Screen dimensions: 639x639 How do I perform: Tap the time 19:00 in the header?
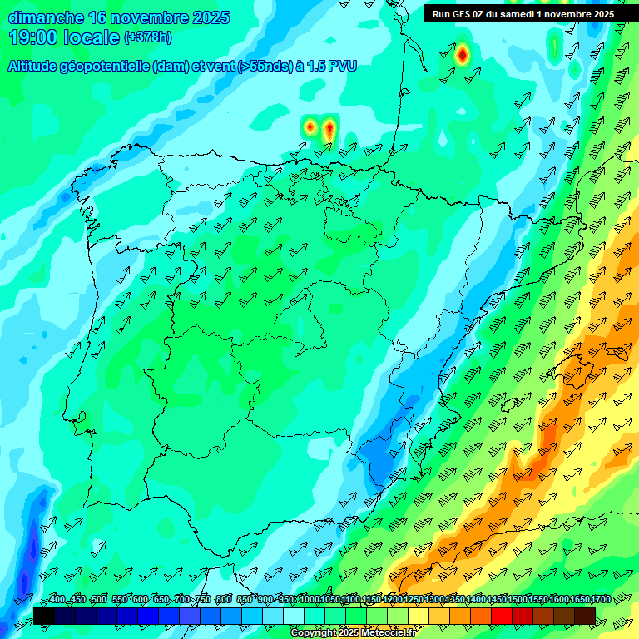[34, 37]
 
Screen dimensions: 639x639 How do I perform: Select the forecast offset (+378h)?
[147, 37]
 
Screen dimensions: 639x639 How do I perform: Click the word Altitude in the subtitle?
[37, 66]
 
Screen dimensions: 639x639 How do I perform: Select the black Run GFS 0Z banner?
[523, 13]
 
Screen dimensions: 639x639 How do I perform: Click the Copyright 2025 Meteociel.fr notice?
[354, 633]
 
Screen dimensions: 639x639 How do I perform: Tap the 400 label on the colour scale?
[57, 600]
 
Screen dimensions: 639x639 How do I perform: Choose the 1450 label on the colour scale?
[496, 600]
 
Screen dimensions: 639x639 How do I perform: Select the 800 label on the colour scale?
[224, 600]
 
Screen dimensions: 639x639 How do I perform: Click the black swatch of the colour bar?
[44, 616]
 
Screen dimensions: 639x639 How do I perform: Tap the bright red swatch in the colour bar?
[502, 616]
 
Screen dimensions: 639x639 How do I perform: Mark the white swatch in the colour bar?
[294, 616]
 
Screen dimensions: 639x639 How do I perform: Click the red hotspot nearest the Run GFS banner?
[463, 56]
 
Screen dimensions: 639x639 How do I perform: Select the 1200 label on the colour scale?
[392, 600]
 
